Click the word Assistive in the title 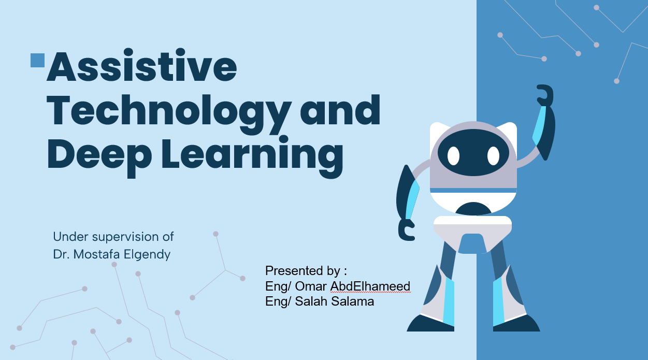142,65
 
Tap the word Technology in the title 169,113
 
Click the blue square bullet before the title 38,60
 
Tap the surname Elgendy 147,255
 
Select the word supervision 125,237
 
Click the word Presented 294,270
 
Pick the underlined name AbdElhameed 370,286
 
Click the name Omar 311,286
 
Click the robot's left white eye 453,156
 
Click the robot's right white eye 493,156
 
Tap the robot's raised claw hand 545,95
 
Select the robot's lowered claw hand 406,230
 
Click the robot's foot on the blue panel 516,323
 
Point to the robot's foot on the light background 430,323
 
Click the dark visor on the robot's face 473,152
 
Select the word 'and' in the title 340,110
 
